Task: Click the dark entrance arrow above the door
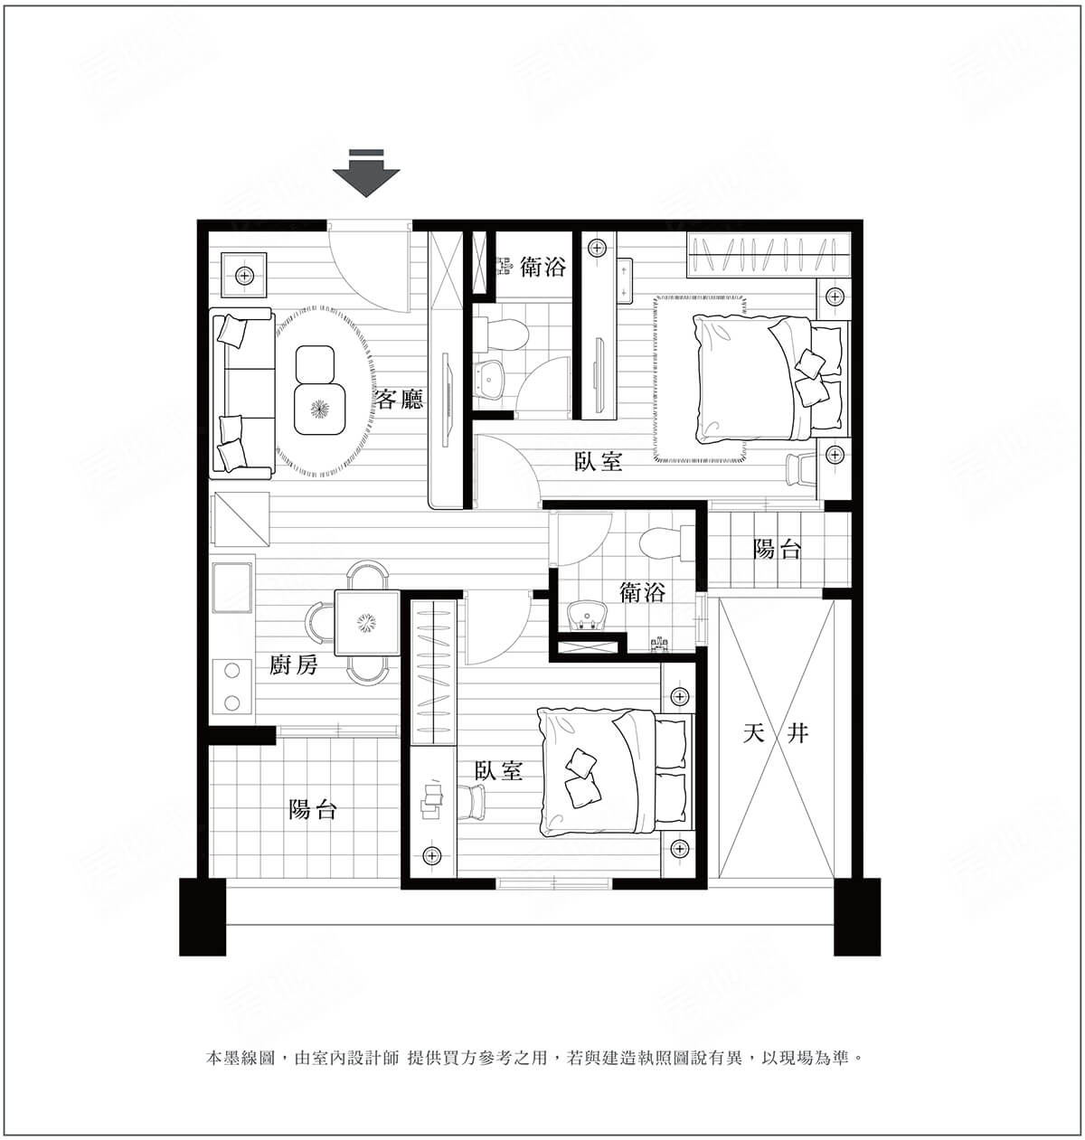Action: click(x=366, y=174)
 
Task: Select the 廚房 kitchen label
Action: click(x=294, y=665)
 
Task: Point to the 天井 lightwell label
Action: click(x=776, y=734)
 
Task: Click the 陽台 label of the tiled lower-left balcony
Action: click(x=313, y=809)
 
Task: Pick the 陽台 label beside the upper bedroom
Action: click(x=777, y=549)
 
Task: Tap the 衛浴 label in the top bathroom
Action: click(x=542, y=267)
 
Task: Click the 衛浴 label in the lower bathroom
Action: click(x=642, y=592)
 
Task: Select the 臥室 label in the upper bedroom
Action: click(x=599, y=461)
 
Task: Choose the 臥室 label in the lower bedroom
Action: click(x=499, y=770)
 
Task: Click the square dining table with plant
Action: click(x=367, y=624)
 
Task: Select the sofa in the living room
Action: click(x=241, y=394)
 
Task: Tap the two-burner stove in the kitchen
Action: click(x=232, y=687)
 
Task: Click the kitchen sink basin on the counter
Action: click(x=232, y=588)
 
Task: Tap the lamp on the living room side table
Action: click(x=245, y=275)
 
